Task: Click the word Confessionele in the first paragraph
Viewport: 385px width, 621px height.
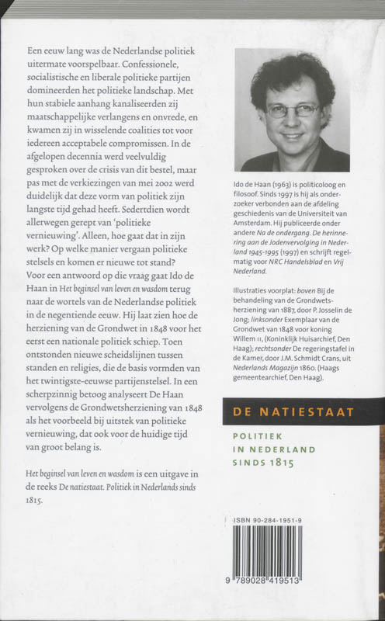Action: pyautogui.click(x=175, y=64)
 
